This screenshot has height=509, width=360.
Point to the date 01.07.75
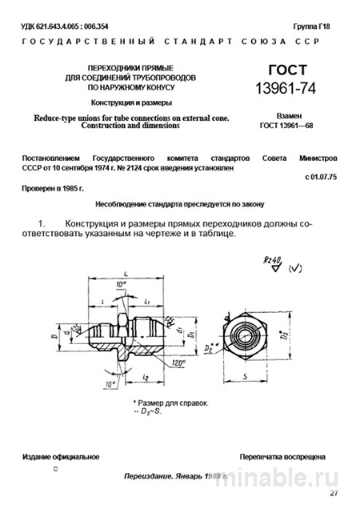pos(322,175)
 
